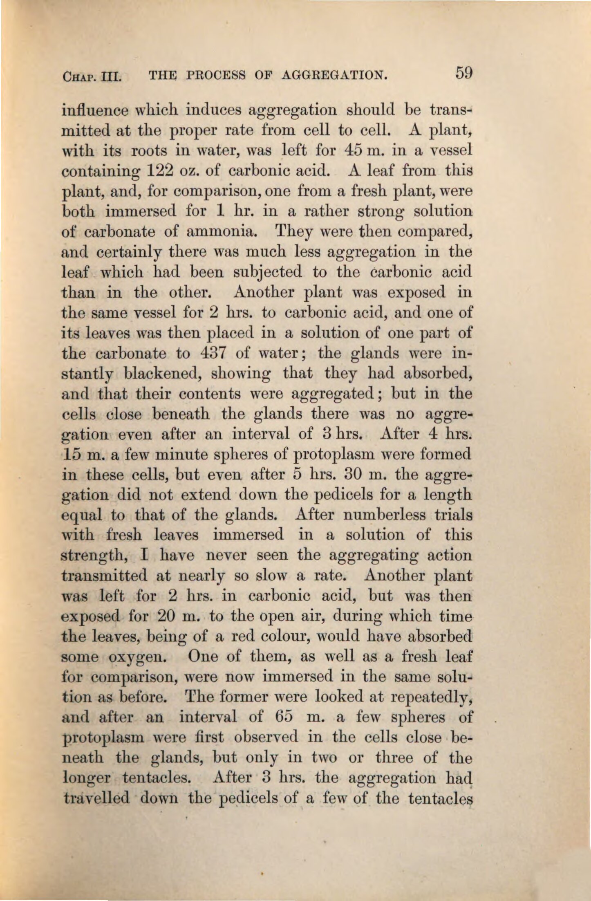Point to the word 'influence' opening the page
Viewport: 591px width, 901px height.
coord(90,110)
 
